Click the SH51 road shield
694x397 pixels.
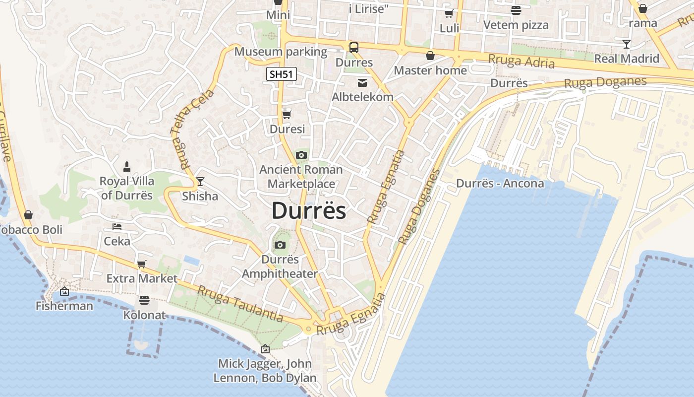pyautogui.click(x=282, y=74)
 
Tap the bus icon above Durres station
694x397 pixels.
pyautogui.click(x=354, y=48)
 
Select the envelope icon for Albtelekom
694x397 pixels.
pyautogui.click(x=362, y=82)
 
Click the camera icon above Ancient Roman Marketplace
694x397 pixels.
pyautogui.click(x=301, y=155)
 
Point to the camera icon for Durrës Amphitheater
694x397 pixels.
pyautogui.click(x=280, y=245)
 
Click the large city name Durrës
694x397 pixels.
pyautogui.click(x=309, y=211)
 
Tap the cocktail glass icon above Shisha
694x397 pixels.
pyautogui.click(x=200, y=182)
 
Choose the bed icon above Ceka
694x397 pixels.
pyautogui.click(x=117, y=227)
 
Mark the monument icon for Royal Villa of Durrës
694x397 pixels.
pyautogui.click(x=127, y=166)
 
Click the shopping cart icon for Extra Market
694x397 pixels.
pyautogui.click(x=142, y=264)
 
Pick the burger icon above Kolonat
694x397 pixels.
pyautogui.click(x=144, y=300)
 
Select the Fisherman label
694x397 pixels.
pyautogui.click(x=64, y=306)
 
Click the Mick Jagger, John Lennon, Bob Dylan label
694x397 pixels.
pyautogui.click(x=265, y=371)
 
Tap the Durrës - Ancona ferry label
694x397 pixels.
pyautogui.click(x=500, y=184)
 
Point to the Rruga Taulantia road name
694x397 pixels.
pyautogui.click(x=240, y=304)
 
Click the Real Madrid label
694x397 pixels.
pyautogui.click(x=627, y=59)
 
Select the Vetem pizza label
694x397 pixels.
pyautogui.click(x=516, y=25)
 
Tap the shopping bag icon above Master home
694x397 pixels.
pyautogui.click(x=430, y=56)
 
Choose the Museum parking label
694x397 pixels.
pyautogui.click(x=281, y=52)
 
